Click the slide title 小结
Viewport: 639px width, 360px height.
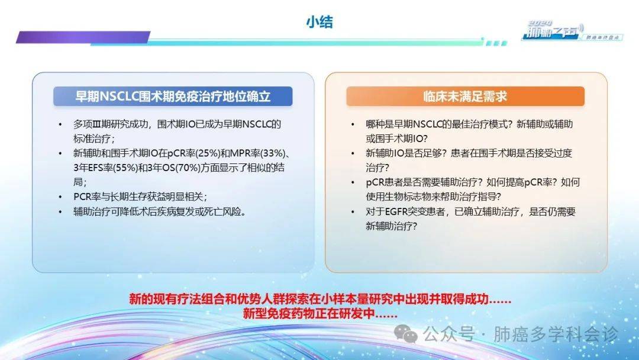[x=319, y=21]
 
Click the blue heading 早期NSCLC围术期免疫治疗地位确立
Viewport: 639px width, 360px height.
[x=173, y=97]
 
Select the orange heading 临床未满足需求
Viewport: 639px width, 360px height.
[x=465, y=97]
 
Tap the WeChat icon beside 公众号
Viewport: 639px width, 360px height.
[x=405, y=334]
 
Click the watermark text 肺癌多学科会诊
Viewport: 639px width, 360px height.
[x=556, y=335]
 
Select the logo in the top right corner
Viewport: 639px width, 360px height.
[x=572, y=31]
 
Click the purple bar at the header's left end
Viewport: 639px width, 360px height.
[x=83, y=37]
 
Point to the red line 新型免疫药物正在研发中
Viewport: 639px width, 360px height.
[x=319, y=314]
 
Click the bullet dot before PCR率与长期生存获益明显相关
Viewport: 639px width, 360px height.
[x=60, y=197]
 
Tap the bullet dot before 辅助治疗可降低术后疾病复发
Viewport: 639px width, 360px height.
[x=60, y=211]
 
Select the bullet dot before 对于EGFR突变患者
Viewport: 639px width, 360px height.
[x=353, y=211]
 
